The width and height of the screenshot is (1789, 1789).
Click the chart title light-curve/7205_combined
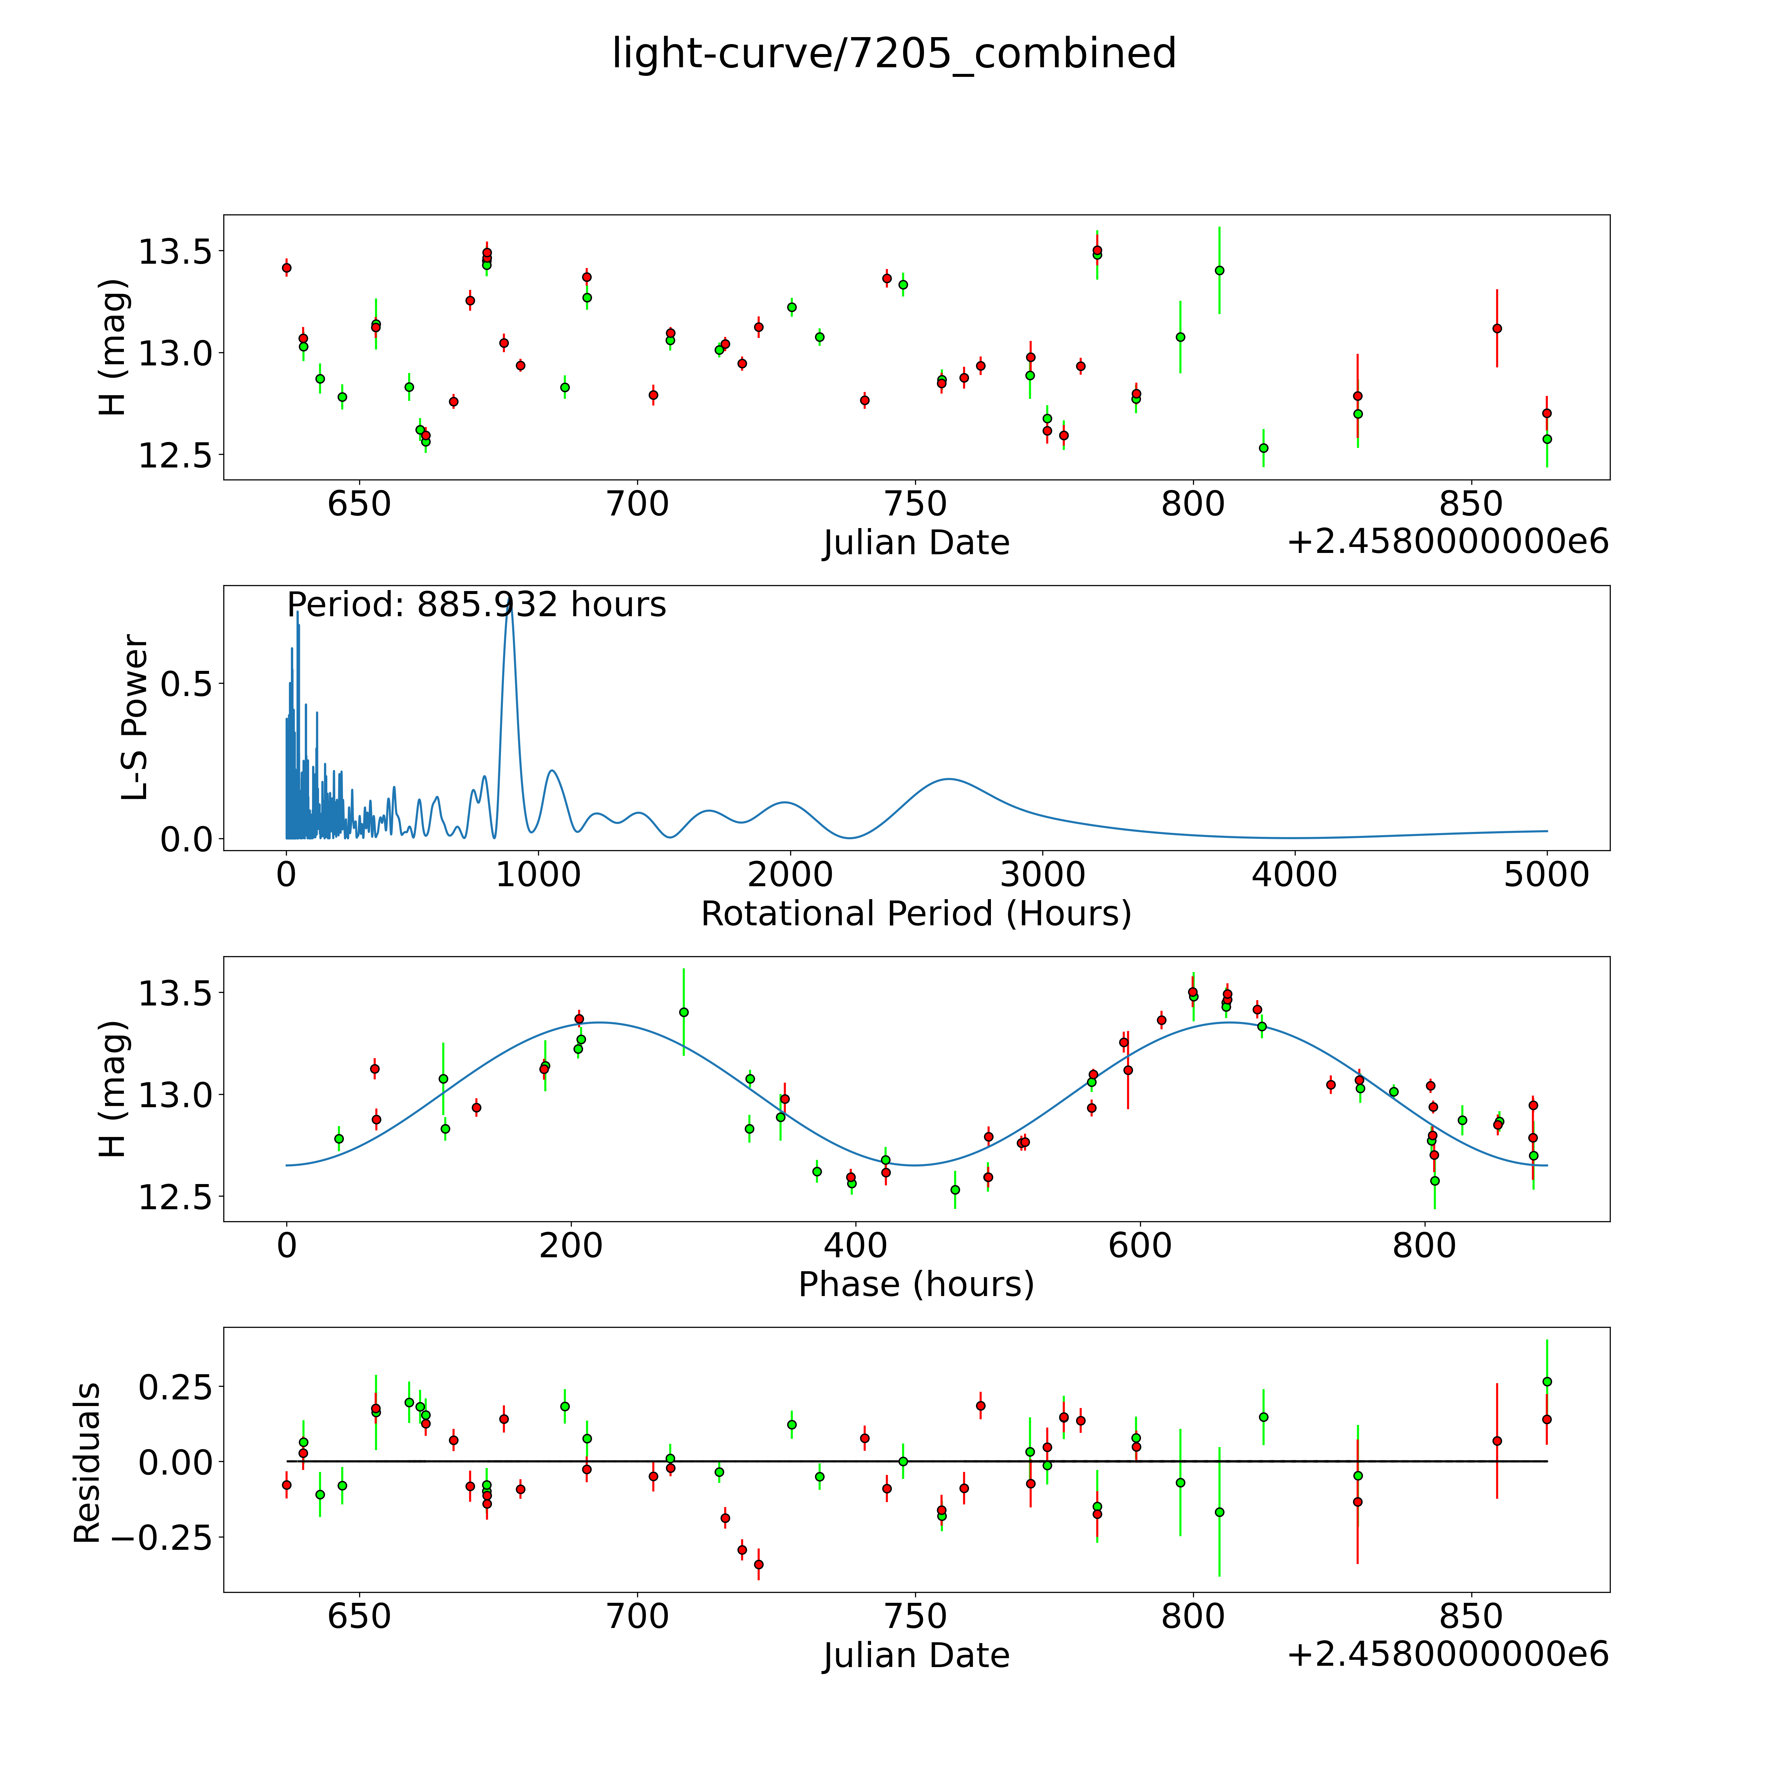(x=894, y=54)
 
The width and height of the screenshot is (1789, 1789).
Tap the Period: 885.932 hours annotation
(x=476, y=605)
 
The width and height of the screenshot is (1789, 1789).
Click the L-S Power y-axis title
(x=135, y=718)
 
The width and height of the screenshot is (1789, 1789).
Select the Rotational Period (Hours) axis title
(x=916, y=914)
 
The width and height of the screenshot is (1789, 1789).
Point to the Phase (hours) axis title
(x=916, y=1284)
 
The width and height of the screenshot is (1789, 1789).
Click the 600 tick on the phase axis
(x=1140, y=1245)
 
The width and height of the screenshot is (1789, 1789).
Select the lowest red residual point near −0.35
(x=758, y=1564)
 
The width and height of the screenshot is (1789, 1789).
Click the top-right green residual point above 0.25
(x=1546, y=1382)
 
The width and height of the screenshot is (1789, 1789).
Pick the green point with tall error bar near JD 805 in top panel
(x=1220, y=270)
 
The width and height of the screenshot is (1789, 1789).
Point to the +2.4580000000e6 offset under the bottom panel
(x=1447, y=1654)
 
